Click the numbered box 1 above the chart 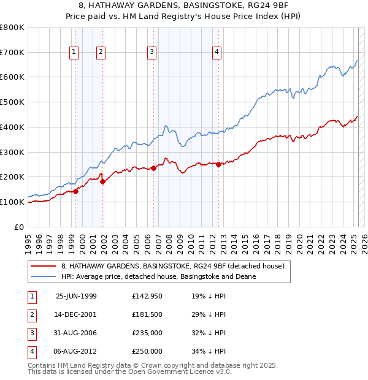click(74, 53)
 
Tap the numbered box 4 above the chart click(217, 53)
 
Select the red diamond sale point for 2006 click(153, 169)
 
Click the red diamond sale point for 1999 click(76, 191)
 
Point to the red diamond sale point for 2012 click(218, 164)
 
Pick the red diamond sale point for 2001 click(102, 181)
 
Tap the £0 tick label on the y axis click(20, 227)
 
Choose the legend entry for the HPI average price click(158, 276)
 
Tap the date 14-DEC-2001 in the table click(76, 314)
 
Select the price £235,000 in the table click(147, 333)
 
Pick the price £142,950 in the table click(147, 296)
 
